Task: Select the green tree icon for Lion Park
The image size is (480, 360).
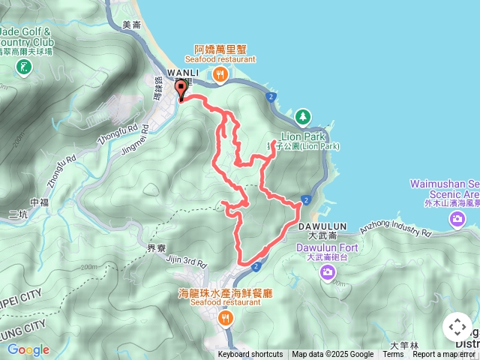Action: click(302, 117)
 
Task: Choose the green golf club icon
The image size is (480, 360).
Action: click(24, 67)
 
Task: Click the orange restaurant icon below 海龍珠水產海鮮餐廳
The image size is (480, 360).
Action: click(225, 319)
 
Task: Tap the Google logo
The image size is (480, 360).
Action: click(28, 349)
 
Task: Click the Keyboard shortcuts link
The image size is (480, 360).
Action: click(250, 355)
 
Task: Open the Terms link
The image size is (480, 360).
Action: click(393, 355)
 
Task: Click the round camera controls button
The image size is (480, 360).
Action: click(457, 327)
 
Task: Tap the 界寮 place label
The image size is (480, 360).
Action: click(155, 247)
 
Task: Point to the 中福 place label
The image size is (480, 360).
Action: click(38, 202)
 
